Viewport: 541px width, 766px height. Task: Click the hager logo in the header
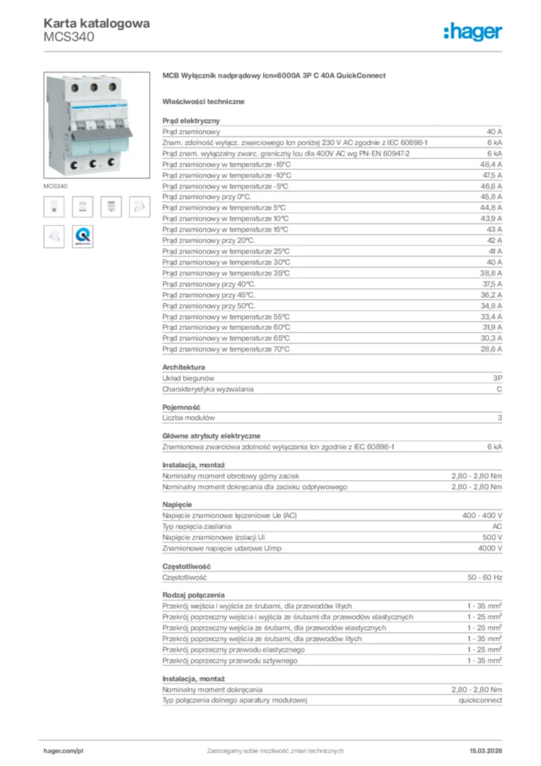tap(472, 31)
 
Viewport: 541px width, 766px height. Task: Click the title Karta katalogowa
tap(96, 23)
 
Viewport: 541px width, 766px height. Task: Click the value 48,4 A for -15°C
tap(490, 163)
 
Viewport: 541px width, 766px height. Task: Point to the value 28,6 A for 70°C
tap(490, 349)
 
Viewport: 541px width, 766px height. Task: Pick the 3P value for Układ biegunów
tap(497, 379)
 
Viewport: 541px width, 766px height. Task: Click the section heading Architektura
tap(183, 367)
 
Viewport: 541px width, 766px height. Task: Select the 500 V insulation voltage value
tap(492, 538)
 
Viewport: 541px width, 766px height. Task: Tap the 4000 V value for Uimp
tap(489, 548)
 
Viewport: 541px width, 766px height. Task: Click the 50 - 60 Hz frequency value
tap(485, 577)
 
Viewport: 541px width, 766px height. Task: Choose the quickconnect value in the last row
tap(480, 700)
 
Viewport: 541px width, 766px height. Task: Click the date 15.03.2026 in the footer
tap(485, 750)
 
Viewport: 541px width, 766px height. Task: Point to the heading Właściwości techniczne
tap(203, 101)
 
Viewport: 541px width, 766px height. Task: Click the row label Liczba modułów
tap(188, 417)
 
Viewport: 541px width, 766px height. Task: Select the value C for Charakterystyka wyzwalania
tap(499, 389)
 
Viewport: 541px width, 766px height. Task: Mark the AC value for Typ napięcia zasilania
tap(497, 527)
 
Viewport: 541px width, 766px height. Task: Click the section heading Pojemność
tap(182, 406)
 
